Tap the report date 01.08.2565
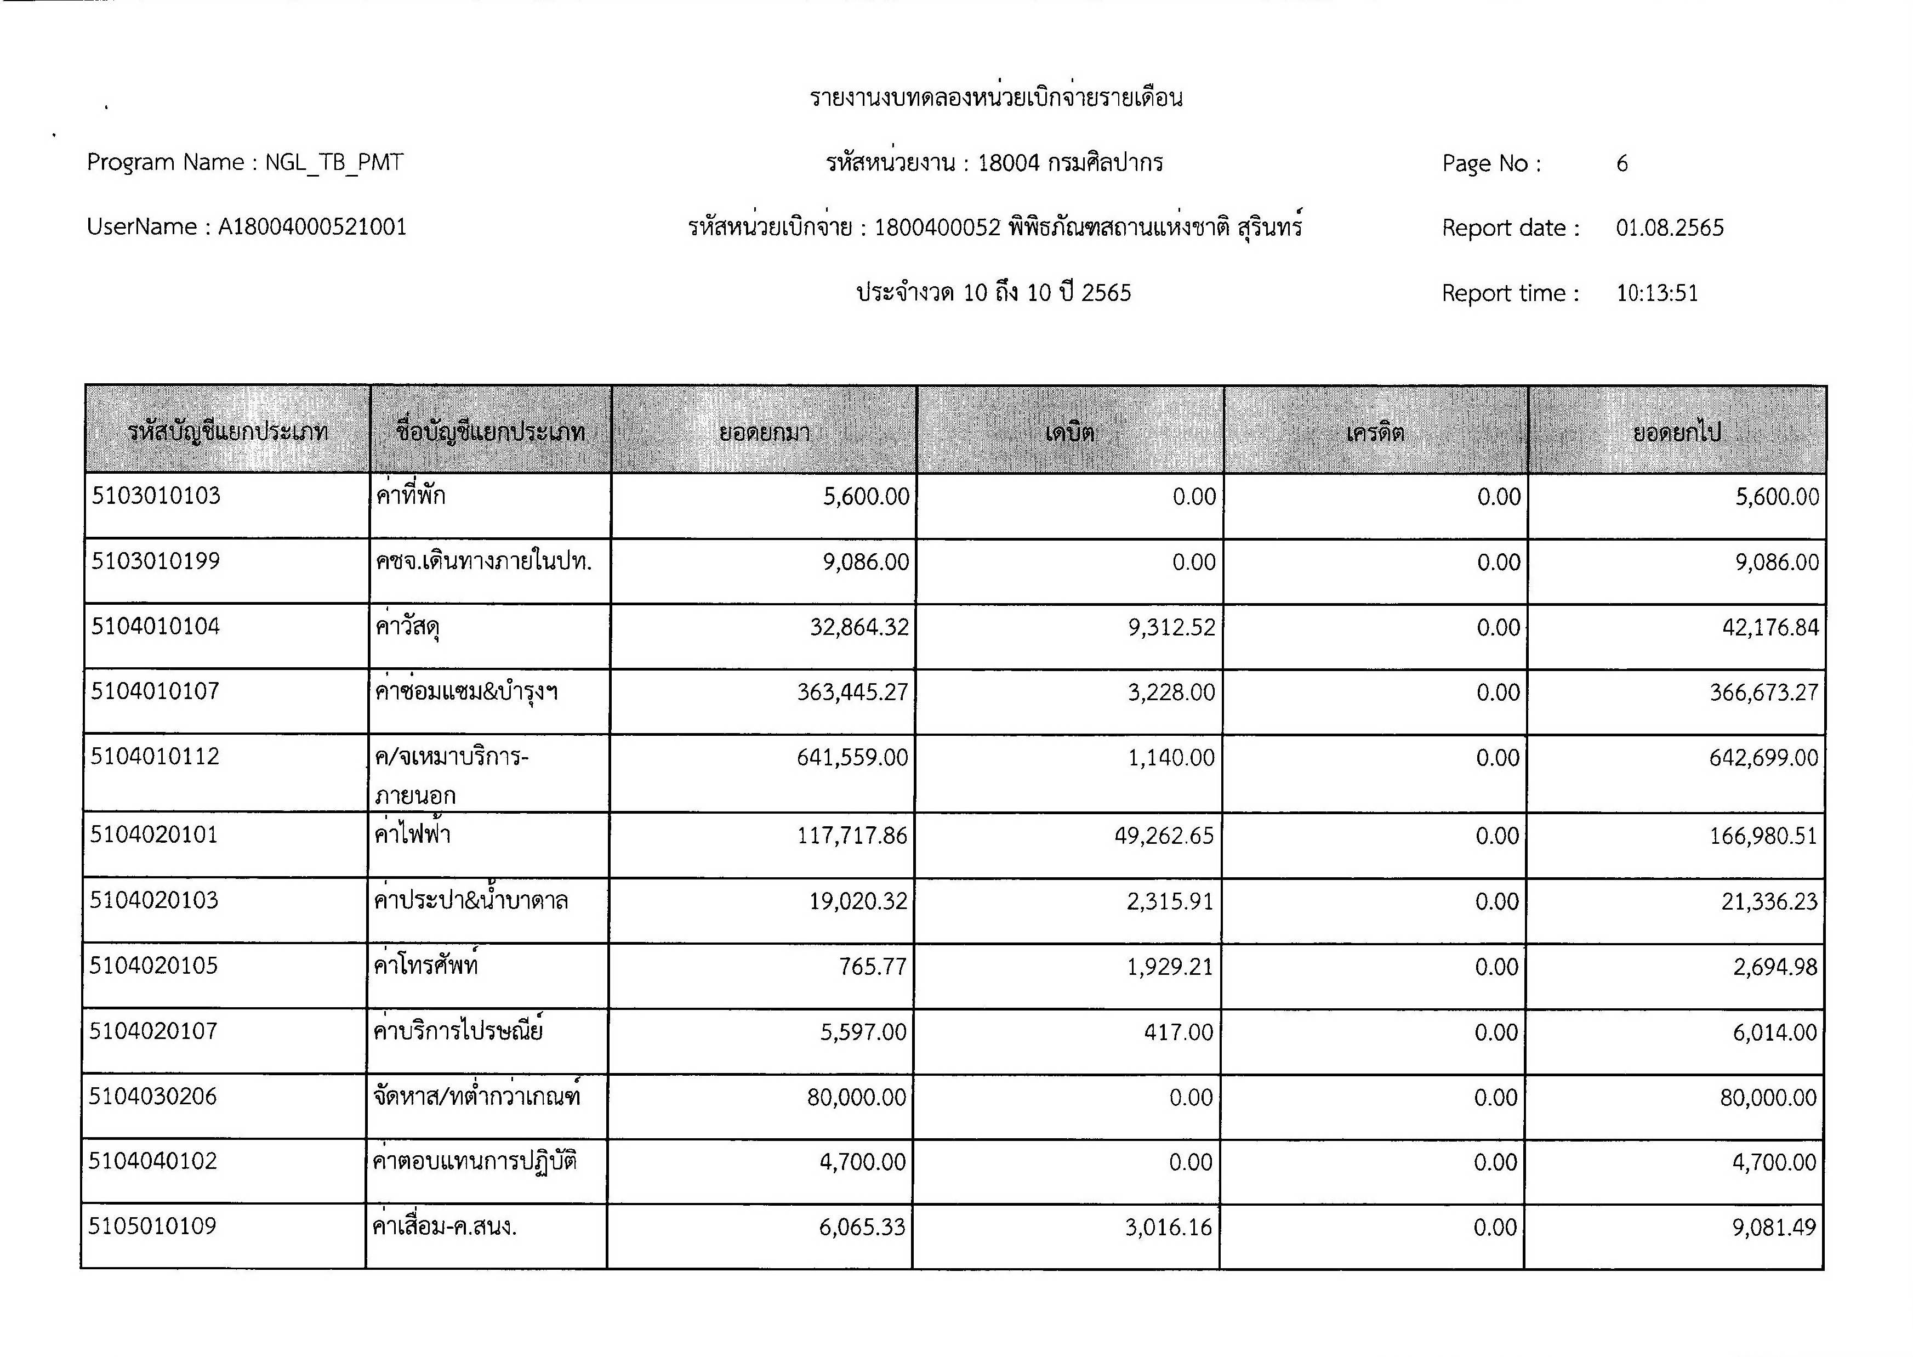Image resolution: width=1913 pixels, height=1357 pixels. coord(1669,228)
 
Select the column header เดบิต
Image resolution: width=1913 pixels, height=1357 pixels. coord(1069,433)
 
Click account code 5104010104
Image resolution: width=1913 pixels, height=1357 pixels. coord(155,627)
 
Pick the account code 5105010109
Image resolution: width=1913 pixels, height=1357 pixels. coord(153,1227)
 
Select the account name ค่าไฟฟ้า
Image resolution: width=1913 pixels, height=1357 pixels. coord(413,834)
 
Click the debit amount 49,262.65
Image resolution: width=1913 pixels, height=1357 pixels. coord(1164,836)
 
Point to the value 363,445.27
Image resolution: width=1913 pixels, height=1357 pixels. coord(852,692)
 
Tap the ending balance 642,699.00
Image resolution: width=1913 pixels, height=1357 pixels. coord(1763,758)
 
